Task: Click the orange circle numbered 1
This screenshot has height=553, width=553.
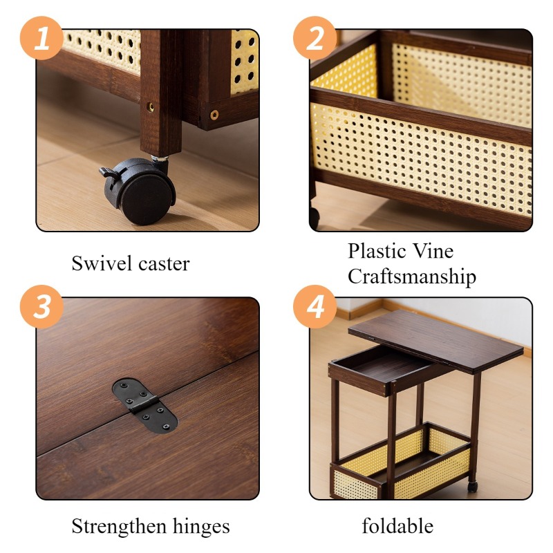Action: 41,38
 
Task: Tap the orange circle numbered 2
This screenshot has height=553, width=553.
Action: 315,38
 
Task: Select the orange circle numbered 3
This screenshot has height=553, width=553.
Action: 41,306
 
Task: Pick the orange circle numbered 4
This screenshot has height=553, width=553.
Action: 315,306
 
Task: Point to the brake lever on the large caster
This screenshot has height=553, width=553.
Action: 109,171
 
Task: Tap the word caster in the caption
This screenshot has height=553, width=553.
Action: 164,265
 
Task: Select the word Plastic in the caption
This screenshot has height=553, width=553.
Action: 377,251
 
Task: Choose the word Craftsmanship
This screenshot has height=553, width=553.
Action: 412,276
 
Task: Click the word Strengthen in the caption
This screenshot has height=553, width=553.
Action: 119,527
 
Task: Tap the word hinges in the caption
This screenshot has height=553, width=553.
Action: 201,527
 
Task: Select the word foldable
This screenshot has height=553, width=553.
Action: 398,526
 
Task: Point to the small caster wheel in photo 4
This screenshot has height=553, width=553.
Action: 472,487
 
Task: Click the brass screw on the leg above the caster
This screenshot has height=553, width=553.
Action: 151,106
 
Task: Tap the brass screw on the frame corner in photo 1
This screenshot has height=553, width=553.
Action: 214,115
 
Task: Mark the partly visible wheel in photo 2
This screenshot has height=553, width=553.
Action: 315,218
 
